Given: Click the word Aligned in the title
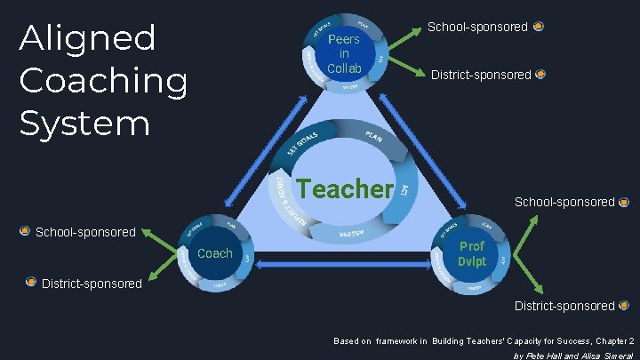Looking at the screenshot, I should click(x=87, y=39).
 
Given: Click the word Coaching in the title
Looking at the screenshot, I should click(x=103, y=82).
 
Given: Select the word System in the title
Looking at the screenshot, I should click(x=84, y=123).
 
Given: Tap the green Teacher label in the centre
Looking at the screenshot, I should click(x=345, y=188).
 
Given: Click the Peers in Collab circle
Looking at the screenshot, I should click(x=344, y=53).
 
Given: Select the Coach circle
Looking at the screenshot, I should click(x=214, y=253).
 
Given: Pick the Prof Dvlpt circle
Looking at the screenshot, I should click(x=472, y=253).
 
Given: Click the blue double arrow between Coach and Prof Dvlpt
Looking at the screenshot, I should click(x=343, y=266).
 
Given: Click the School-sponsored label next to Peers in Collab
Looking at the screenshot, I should click(x=477, y=28).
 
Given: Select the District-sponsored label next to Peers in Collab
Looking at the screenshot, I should click(x=481, y=75).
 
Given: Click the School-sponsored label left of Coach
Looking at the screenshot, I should click(x=84, y=232).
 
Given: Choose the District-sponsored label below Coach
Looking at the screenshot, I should click(x=92, y=284).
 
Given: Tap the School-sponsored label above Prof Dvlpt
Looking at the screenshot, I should click(x=564, y=202).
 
